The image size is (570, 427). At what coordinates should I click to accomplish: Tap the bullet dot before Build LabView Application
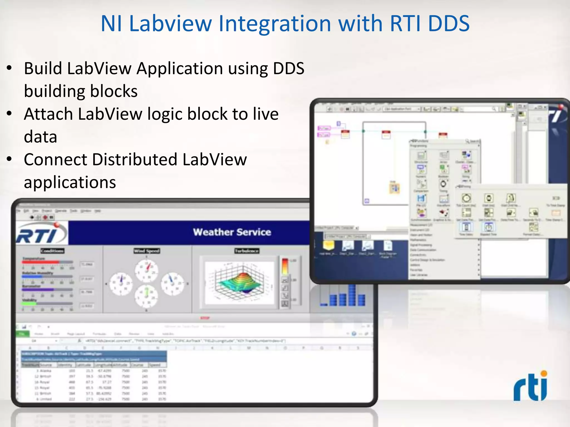point(9,68)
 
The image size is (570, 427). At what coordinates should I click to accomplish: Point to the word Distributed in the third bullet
point(135,160)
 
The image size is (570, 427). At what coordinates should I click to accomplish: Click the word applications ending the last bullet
point(70,182)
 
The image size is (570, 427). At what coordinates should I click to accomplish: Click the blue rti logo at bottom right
point(530,386)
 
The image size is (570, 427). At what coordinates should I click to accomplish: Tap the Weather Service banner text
point(232,232)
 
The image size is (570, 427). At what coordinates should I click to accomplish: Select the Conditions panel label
point(52,251)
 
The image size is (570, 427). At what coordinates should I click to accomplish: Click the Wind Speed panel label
point(147,251)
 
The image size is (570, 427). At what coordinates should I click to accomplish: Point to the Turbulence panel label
point(247,251)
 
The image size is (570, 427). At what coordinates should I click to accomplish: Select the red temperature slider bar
point(41,262)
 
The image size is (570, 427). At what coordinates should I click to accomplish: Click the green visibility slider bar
point(29,304)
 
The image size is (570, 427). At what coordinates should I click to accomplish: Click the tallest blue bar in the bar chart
point(352,295)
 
